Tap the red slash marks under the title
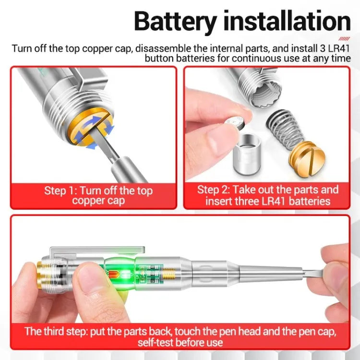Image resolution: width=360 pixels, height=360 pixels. point(344,39)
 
